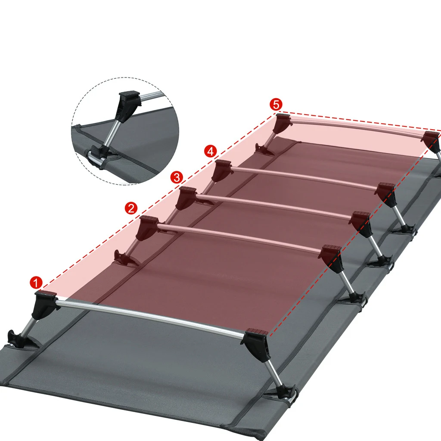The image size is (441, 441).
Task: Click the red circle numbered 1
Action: [x=36, y=283]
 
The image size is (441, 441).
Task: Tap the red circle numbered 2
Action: [x=131, y=208]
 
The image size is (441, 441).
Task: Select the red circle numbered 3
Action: [x=177, y=177]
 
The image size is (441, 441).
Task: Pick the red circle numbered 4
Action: [x=210, y=151]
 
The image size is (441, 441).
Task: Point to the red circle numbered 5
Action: [x=276, y=104]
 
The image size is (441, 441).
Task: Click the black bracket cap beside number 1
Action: [x=44, y=301]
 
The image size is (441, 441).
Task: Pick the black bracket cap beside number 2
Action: [x=147, y=226]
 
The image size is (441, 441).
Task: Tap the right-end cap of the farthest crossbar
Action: [x=431, y=140]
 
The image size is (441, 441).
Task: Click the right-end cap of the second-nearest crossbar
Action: [x=332, y=257]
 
